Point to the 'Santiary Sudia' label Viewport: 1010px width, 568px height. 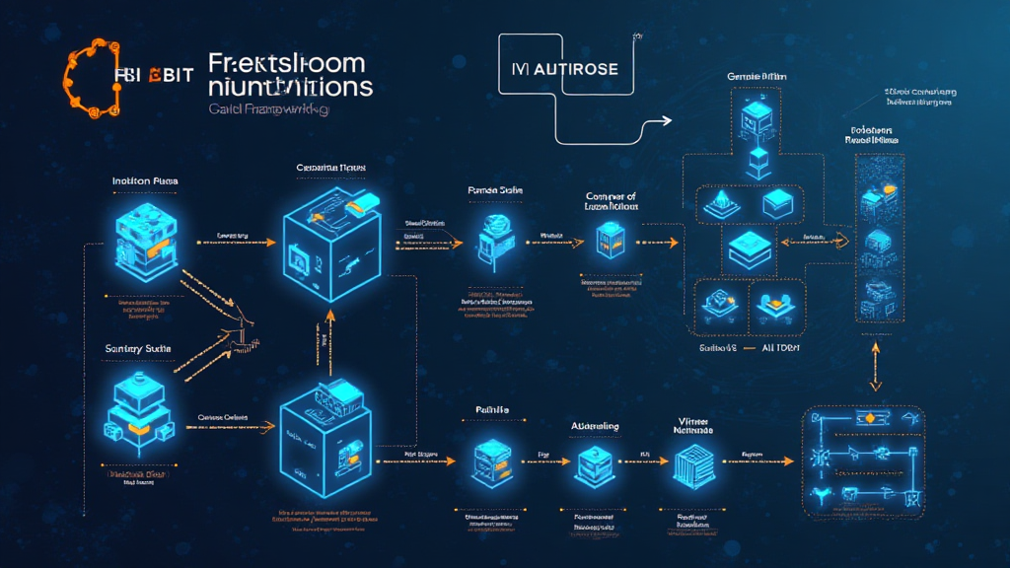click(137, 349)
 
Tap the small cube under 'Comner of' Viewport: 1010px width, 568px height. click(609, 240)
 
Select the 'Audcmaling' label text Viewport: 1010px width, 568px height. click(596, 426)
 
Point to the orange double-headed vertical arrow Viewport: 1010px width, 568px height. click(874, 368)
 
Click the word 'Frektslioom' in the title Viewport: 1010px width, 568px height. click(287, 64)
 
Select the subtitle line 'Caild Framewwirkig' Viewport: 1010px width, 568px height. click(268, 111)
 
